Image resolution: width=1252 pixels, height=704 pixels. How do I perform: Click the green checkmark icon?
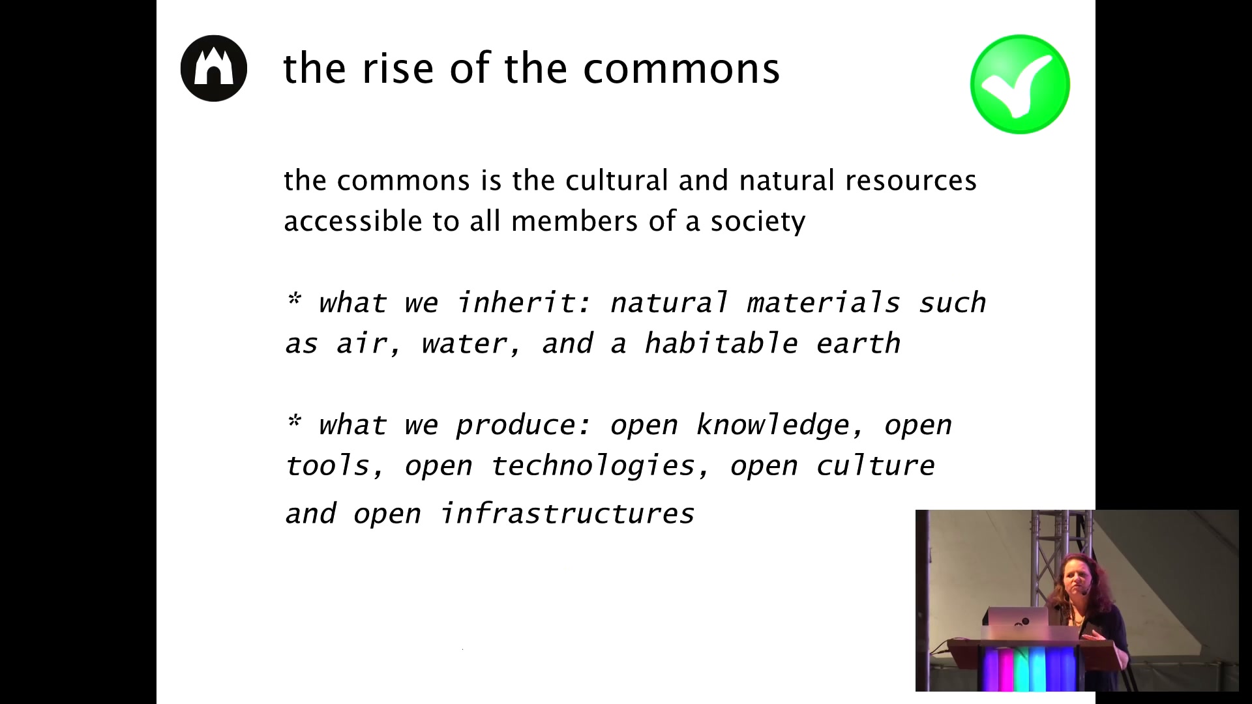point(1020,84)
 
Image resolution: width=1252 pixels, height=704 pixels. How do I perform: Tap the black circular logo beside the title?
point(214,68)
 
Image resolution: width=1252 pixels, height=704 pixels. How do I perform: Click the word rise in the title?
point(398,68)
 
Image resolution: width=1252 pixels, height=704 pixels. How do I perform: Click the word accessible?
point(353,221)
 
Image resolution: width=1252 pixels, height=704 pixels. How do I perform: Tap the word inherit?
point(523,302)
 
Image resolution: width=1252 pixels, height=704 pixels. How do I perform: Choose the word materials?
point(823,302)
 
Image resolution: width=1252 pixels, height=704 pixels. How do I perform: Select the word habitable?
point(721,343)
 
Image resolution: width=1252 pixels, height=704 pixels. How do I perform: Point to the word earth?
point(858,344)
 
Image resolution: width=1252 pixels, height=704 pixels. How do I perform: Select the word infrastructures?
point(567,514)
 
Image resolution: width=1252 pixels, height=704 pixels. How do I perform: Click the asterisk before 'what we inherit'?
point(294,299)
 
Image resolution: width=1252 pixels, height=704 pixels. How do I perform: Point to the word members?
point(574,221)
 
